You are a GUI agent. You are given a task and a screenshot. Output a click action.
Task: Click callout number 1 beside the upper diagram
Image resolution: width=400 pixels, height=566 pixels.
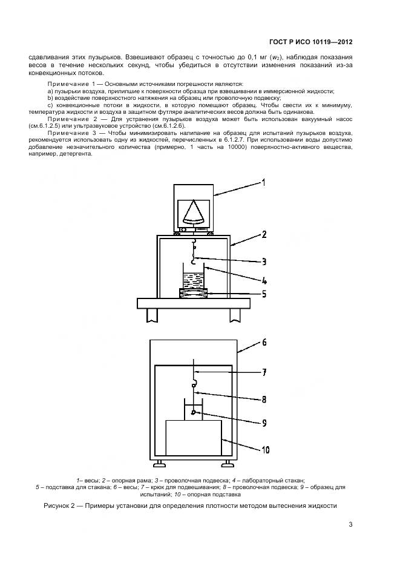(x=264, y=182)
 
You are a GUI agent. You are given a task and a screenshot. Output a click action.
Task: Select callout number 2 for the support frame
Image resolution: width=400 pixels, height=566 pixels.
(x=264, y=234)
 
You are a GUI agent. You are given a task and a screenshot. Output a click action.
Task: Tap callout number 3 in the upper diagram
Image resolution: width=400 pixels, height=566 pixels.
(x=264, y=262)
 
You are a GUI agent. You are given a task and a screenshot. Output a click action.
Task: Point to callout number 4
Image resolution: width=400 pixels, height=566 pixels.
(x=264, y=280)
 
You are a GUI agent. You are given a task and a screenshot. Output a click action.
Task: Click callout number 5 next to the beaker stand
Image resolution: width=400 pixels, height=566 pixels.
(x=264, y=295)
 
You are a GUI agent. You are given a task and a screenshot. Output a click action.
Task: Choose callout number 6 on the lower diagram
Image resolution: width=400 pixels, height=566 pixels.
(x=264, y=343)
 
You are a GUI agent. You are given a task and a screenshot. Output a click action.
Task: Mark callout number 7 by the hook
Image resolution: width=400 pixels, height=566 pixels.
(x=264, y=373)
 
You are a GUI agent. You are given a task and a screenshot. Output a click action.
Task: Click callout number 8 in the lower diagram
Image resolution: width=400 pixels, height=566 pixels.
(x=264, y=400)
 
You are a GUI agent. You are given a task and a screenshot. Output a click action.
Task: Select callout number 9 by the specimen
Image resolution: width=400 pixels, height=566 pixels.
(x=264, y=423)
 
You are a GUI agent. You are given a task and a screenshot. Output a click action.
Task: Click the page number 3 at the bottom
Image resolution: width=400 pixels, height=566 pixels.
(x=350, y=525)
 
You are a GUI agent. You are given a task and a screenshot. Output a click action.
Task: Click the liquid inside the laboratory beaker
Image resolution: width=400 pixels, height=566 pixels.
(x=193, y=281)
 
